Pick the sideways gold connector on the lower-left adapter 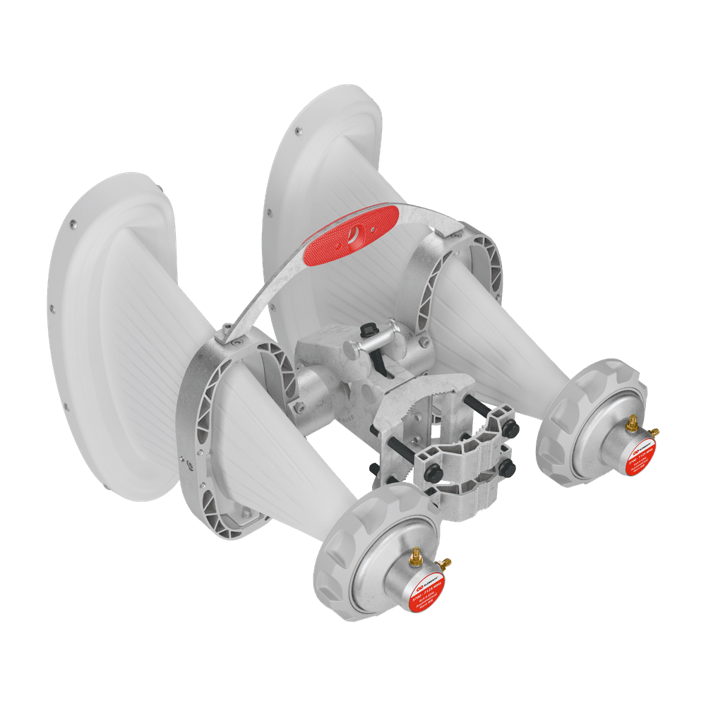[445, 563]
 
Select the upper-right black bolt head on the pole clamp [511, 429]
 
